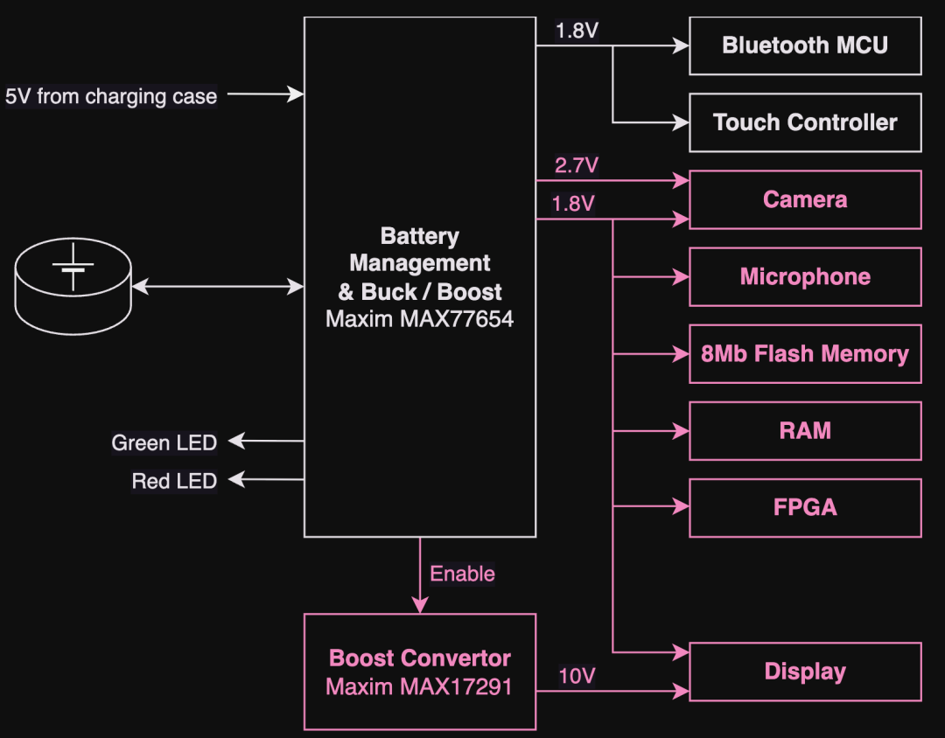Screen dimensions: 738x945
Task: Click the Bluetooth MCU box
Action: [x=805, y=45]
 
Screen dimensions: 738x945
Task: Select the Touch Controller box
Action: [x=805, y=122]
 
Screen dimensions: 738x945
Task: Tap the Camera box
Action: [x=805, y=199]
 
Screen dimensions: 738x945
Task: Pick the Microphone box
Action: [x=805, y=276]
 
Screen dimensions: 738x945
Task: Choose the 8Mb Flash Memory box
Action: [x=805, y=353]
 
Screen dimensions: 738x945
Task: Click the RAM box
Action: [x=805, y=430]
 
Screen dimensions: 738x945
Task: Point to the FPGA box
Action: [x=805, y=507]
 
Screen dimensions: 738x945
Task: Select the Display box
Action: [x=805, y=672]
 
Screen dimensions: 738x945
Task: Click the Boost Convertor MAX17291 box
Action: [x=420, y=672]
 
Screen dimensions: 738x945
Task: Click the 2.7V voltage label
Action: [x=577, y=165]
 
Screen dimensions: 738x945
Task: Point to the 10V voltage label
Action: [x=577, y=676]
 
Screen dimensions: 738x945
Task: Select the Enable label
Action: [x=462, y=574]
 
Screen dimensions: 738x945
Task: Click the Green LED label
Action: [x=164, y=442]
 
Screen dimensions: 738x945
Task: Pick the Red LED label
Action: [x=174, y=480]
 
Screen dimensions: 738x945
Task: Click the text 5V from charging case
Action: [x=111, y=96]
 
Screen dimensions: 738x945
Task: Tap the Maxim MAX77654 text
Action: [x=420, y=318]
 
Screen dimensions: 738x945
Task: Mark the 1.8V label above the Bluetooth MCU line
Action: [x=577, y=31]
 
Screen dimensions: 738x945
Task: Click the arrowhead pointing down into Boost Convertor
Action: [x=420, y=604]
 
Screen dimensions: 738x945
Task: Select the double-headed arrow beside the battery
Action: [x=217, y=286]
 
